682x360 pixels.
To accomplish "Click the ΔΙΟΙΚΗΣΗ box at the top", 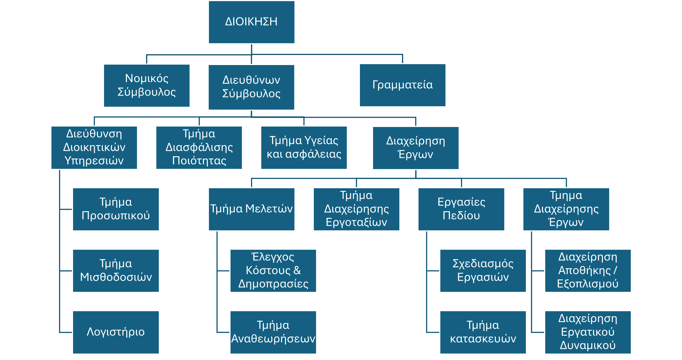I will click(251, 22).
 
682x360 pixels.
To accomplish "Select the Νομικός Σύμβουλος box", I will click(147, 86).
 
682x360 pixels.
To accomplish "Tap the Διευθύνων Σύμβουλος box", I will click(251, 87).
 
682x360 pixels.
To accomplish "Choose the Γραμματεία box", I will click(402, 85).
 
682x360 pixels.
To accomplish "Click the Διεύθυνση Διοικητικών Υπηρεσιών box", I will click(94, 147).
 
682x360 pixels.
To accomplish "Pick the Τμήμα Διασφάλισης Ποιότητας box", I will click(199, 147).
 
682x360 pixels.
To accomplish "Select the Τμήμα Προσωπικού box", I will click(116, 209).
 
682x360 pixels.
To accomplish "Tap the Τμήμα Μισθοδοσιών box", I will click(116, 270).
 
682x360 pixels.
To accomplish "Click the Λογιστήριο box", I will click(116, 332).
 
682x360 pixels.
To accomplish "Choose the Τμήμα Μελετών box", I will click(251, 209).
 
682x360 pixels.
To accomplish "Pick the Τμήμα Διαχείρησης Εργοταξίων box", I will click(356, 209).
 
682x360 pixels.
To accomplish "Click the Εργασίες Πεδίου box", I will click(461, 209).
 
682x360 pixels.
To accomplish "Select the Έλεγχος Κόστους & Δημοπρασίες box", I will click(273, 270).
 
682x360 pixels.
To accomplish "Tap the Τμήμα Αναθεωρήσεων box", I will click(273, 332).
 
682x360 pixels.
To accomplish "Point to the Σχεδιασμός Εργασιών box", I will click(483, 270).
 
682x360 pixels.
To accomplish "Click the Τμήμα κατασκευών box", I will click(483, 332).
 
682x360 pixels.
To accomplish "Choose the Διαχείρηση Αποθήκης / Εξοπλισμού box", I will click(588, 270).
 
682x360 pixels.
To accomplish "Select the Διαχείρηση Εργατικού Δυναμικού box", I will click(588, 332).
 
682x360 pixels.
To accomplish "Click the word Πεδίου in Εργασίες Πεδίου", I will click(461, 216).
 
